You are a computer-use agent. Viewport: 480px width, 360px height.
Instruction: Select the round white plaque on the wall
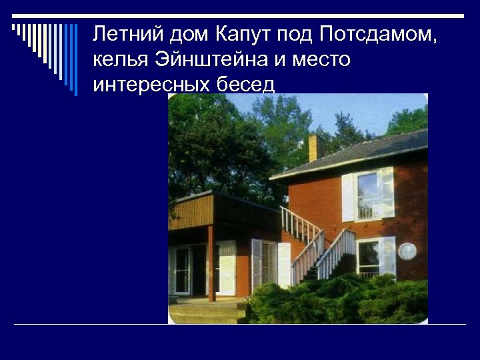point(407,251)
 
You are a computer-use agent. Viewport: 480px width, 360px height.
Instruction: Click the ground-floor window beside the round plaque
point(369,257)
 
